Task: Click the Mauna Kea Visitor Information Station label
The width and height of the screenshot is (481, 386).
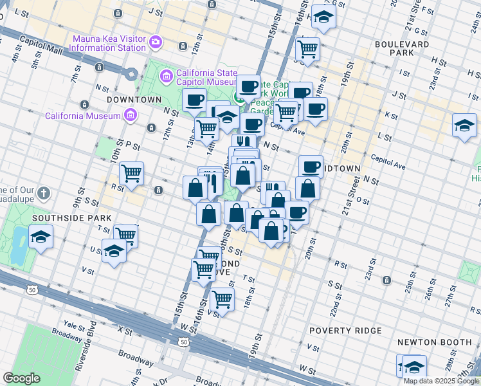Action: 109,42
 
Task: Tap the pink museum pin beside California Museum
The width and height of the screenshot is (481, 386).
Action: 131,116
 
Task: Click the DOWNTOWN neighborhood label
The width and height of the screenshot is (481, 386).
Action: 134,100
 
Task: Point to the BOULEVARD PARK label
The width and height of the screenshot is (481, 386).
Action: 403,48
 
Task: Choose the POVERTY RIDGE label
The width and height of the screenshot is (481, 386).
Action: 345,331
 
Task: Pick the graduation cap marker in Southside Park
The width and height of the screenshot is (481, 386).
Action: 41,237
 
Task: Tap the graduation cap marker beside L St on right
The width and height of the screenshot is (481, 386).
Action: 464,125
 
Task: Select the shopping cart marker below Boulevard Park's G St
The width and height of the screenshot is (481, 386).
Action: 308,48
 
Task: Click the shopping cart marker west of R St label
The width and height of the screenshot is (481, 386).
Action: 131,172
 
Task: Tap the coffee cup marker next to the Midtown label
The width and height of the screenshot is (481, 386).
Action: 311,167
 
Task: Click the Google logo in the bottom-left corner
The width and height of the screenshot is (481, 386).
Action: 21,378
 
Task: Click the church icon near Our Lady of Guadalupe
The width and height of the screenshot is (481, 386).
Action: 43,192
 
